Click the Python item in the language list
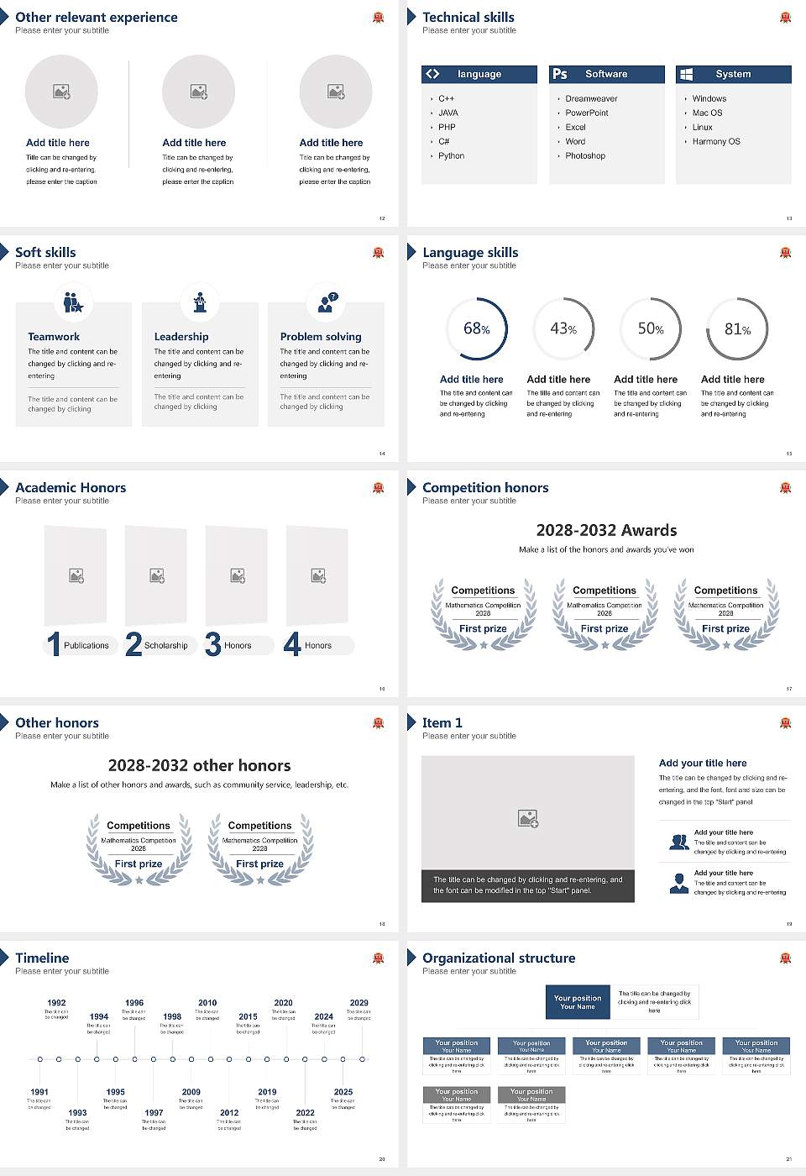(451, 156)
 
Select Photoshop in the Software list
(584, 156)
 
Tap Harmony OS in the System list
(715, 142)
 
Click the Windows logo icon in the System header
(686, 74)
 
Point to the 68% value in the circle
(476, 328)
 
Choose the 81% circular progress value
(737, 329)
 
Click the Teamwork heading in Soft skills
(54, 337)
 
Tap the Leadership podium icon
(200, 302)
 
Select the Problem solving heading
(321, 337)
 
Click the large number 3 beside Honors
(213, 644)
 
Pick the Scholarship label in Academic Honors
(165, 646)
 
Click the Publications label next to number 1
(86, 646)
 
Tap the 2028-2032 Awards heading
(606, 530)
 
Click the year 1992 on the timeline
(56, 1003)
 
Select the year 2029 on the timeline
(359, 1003)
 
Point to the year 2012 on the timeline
(229, 1113)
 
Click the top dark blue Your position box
(578, 1002)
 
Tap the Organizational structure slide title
(499, 958)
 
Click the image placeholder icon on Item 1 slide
(528, 817)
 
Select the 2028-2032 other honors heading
(199, 765)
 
